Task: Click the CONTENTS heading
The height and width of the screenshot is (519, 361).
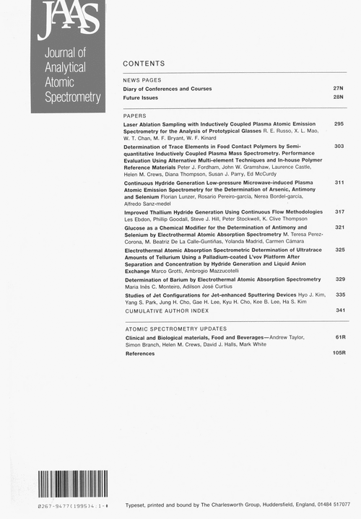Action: tap(144, 64)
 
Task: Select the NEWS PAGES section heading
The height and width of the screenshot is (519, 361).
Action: tap(142, 79)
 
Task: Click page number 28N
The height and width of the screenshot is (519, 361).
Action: tap(337, 96)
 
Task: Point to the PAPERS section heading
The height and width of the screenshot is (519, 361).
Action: tap(135, 115)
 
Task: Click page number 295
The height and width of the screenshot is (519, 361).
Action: tap(339, 124)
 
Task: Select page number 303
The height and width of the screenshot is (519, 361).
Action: tap(339, 146)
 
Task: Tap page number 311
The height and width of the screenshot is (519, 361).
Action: tap(339, 183)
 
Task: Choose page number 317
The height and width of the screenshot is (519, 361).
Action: tap(339, 212)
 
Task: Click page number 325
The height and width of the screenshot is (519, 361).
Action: tap(339, 250)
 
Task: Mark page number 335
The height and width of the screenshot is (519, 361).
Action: tap(339, 295)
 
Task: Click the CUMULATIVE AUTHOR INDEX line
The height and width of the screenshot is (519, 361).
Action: tap(167, 310)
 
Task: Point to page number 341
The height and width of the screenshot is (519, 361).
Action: tap(339, 310)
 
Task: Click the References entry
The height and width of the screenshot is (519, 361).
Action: tap(140, 354)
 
